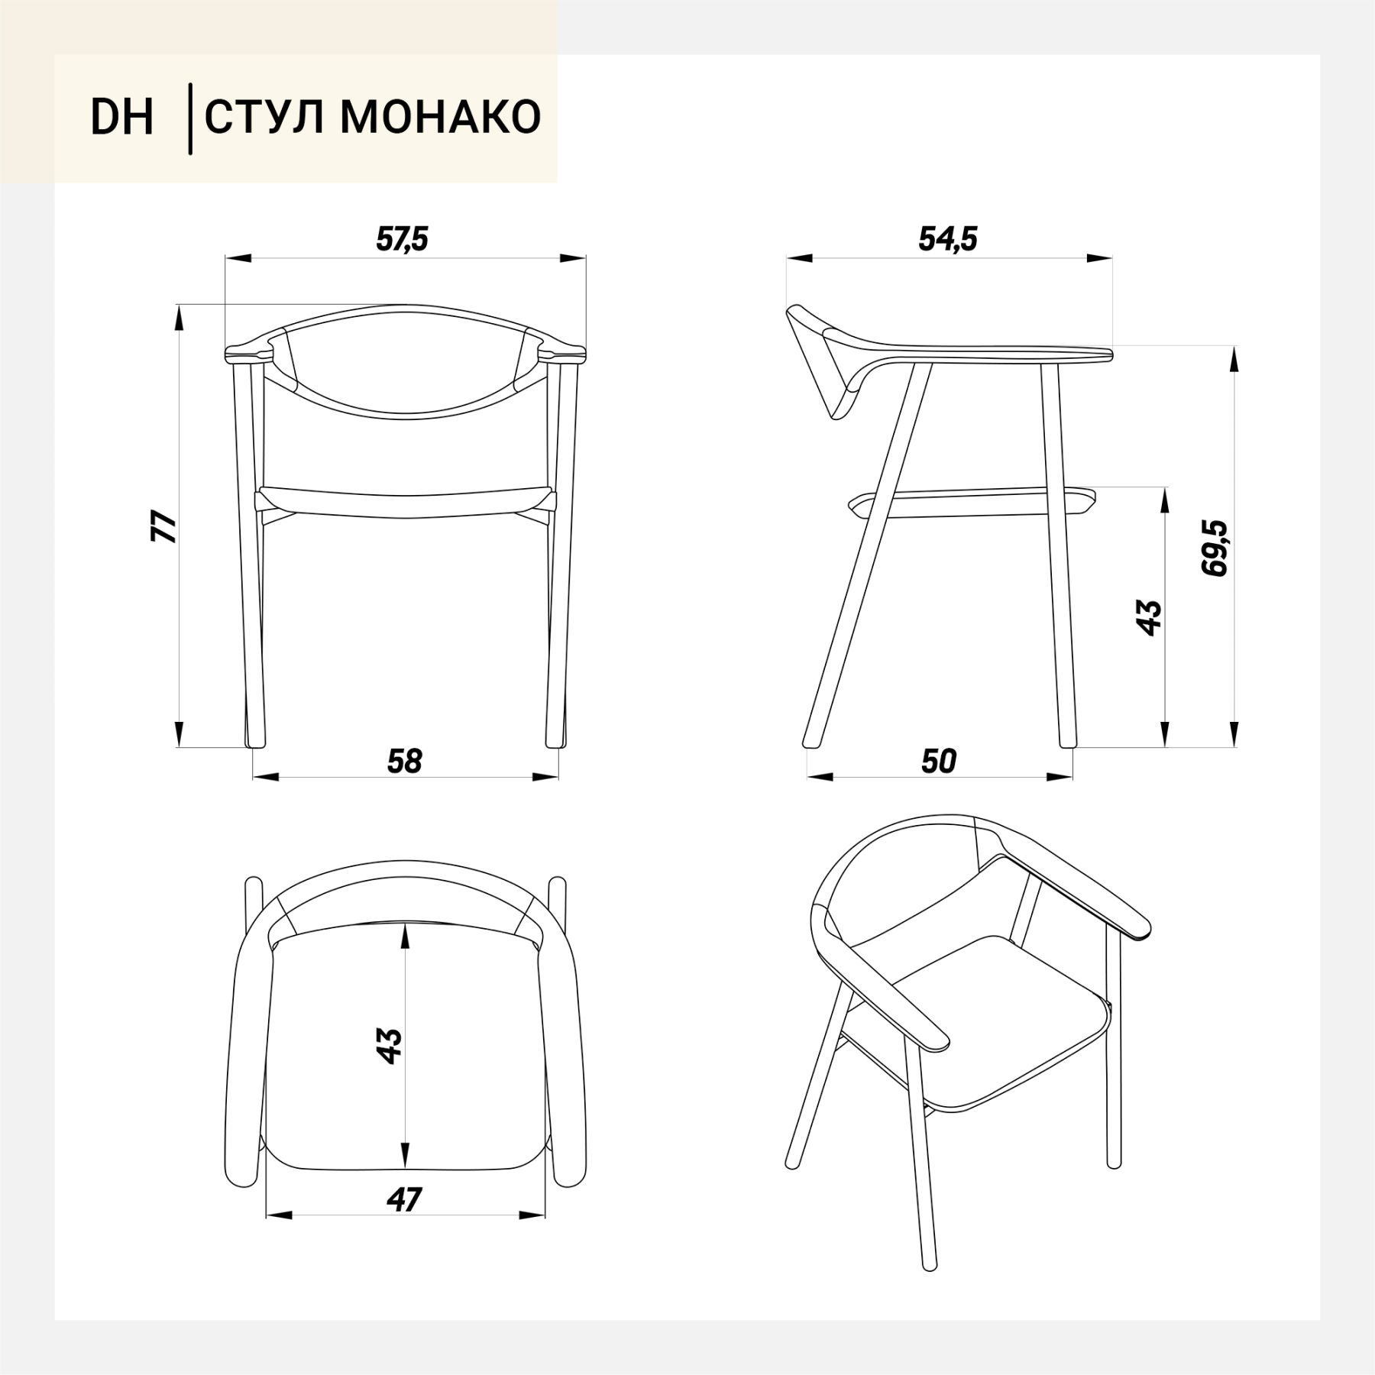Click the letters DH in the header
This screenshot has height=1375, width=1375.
(122, 118)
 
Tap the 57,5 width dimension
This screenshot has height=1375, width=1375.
(403, 239)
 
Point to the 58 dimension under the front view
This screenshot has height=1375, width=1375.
(404, 761)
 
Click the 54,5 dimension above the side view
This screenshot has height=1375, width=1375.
(947, 239)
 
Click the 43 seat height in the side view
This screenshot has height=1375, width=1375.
(1149, 617)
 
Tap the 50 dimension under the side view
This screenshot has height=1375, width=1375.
(939, 761)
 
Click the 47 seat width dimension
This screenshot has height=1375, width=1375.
(404, 1200)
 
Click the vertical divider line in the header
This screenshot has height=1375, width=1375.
(190, 119)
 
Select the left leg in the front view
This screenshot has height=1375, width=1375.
(252, 558)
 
